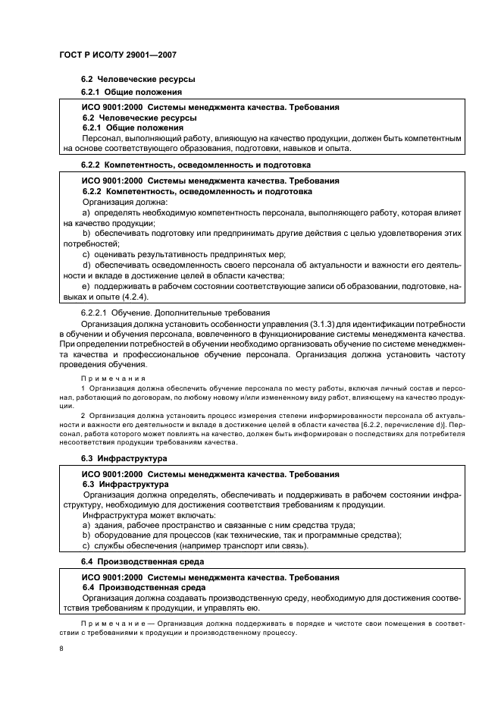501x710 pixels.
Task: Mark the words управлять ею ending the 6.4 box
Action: (x=234, y=608)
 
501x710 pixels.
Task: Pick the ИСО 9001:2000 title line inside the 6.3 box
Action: (x=210, y=474)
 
